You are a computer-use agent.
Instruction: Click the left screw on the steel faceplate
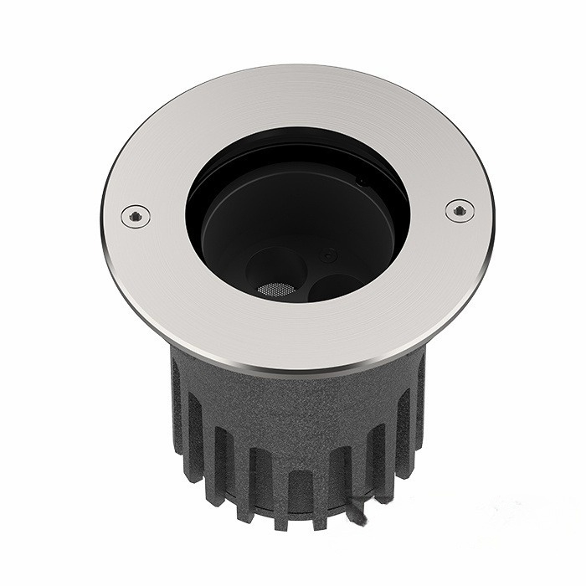pyautogui.click(x=134, y=215)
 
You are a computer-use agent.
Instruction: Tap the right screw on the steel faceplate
pyautogui.click(x=459, y=210)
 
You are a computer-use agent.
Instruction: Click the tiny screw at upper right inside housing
pyautogui.click(x=361, y=180)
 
